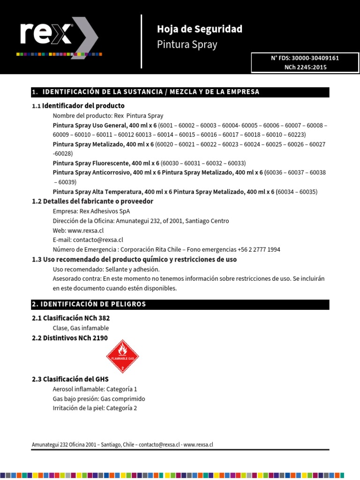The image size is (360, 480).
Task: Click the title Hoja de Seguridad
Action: tap(200, 29)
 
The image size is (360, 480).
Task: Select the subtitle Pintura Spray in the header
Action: tap(187, 45)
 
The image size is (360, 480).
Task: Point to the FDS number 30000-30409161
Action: tap(315, 58)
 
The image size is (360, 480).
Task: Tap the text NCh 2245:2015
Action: tap(305, 67)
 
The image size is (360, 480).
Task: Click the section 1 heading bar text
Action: tap(145, 92)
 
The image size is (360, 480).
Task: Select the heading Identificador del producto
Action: tap(83, 105)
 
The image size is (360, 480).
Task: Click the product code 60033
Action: tap(237, 163)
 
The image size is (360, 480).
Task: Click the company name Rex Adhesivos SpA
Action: tap(104, 211)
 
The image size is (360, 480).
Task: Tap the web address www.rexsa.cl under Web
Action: tap(85, 230)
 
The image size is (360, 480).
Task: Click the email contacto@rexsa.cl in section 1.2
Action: tap(98, 240)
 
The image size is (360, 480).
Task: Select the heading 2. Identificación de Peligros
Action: tap(89, 304)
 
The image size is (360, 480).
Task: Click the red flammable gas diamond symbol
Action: tap(123, 357)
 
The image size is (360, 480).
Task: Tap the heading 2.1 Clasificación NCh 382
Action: tap(71, 318)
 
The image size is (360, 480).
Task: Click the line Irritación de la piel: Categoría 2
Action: tap(95, 408)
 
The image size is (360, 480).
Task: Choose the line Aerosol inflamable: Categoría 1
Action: tap(95, 389)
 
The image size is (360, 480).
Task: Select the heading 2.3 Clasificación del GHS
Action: tap(70, 379)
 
